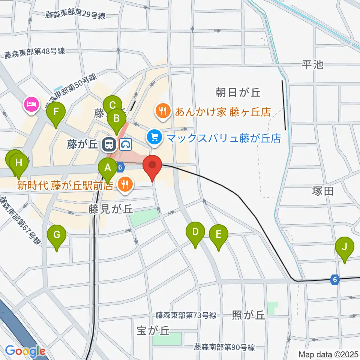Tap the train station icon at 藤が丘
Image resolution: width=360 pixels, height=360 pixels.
109,144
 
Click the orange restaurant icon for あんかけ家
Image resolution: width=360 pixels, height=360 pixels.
163,111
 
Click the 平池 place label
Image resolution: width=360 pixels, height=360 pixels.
312,65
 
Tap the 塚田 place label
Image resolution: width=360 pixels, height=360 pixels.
322,191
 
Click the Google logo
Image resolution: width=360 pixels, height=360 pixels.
25,351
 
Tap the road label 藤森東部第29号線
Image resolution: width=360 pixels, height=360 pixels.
75,15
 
